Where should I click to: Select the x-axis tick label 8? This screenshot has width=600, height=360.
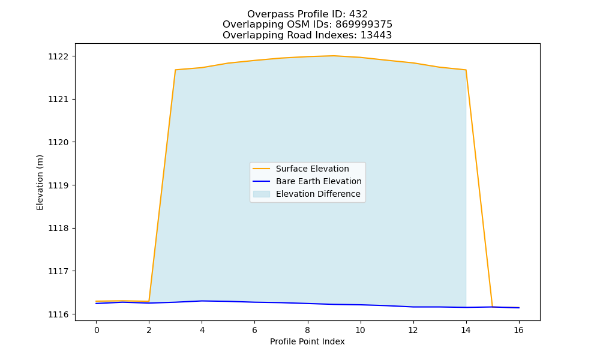pos(307,330)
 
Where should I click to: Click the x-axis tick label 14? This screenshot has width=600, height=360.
pos(466,330)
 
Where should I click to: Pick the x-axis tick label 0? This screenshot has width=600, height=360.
pos(97,330)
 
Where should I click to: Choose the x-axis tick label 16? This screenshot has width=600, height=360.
pos(518,330)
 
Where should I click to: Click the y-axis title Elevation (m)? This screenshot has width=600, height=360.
pos(40,182)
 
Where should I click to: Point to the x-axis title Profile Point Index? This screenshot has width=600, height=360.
pos(307,341)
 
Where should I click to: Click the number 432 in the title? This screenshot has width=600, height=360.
pos(359,14)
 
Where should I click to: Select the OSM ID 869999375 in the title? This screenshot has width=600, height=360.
pos(364,25)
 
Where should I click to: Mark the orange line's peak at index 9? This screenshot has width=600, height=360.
pos(334,56)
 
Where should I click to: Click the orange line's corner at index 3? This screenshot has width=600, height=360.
pos(175,70)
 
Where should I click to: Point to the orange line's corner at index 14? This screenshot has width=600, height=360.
pos(466,70)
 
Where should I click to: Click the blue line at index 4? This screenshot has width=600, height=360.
pos(202,301)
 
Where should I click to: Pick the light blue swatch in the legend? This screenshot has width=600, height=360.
pos(262,194)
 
